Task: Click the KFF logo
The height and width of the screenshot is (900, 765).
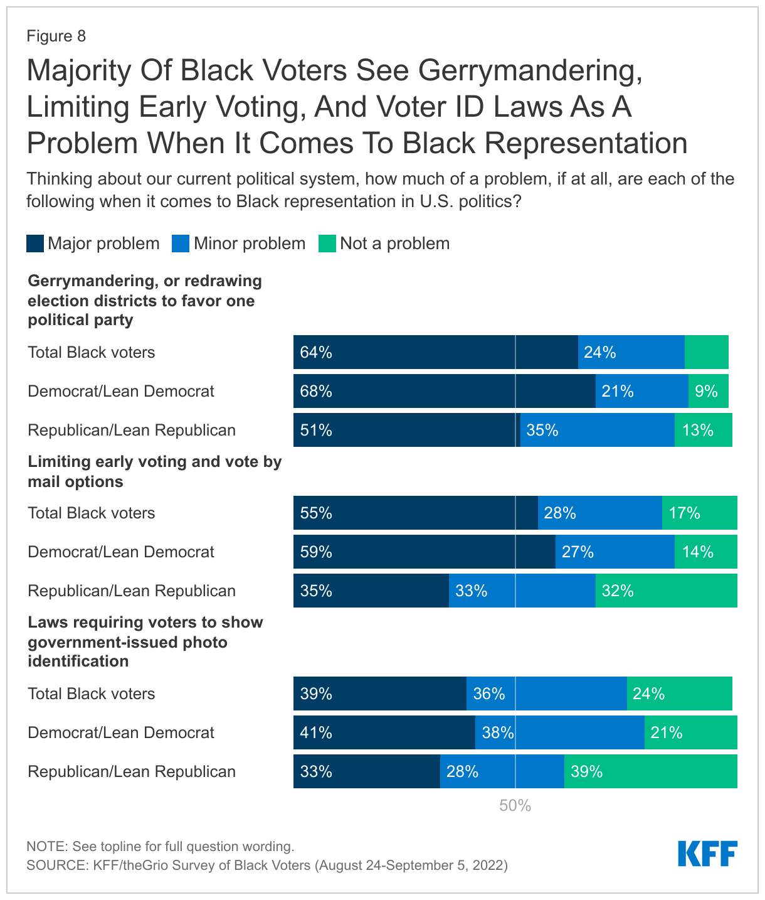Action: click(707, 854)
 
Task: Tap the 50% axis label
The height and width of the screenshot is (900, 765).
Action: click(515, 806)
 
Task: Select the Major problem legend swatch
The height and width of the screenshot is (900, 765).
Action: click(35, 244)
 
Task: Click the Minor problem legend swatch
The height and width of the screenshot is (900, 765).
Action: click(181, 244)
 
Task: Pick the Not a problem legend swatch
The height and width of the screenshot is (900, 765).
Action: click(327, 244)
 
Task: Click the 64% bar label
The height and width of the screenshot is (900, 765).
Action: click(316, 353)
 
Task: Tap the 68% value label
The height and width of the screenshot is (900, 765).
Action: click(316, 392)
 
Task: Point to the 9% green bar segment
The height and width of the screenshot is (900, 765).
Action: click(709, 392)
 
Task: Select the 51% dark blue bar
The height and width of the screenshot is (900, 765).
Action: click(406, 431)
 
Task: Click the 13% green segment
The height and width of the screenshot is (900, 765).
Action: click(703, 431)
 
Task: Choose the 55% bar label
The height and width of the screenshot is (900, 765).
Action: click(316, 513)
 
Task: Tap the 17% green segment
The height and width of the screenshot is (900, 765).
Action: click(699, 513)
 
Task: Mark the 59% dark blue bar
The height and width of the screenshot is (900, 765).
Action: click(424, 552)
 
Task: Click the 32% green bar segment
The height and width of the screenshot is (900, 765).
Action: click(666, 591)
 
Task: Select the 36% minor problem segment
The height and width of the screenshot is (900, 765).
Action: click(546, 694)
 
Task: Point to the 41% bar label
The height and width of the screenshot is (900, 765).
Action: click(316, 733)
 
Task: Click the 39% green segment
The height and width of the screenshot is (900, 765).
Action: click(650, 772)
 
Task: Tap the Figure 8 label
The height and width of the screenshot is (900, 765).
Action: click(56, 36)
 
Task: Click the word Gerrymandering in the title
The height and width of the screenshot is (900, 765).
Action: click(530, 70)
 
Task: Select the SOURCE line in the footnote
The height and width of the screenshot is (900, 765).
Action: click(267, 865)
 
